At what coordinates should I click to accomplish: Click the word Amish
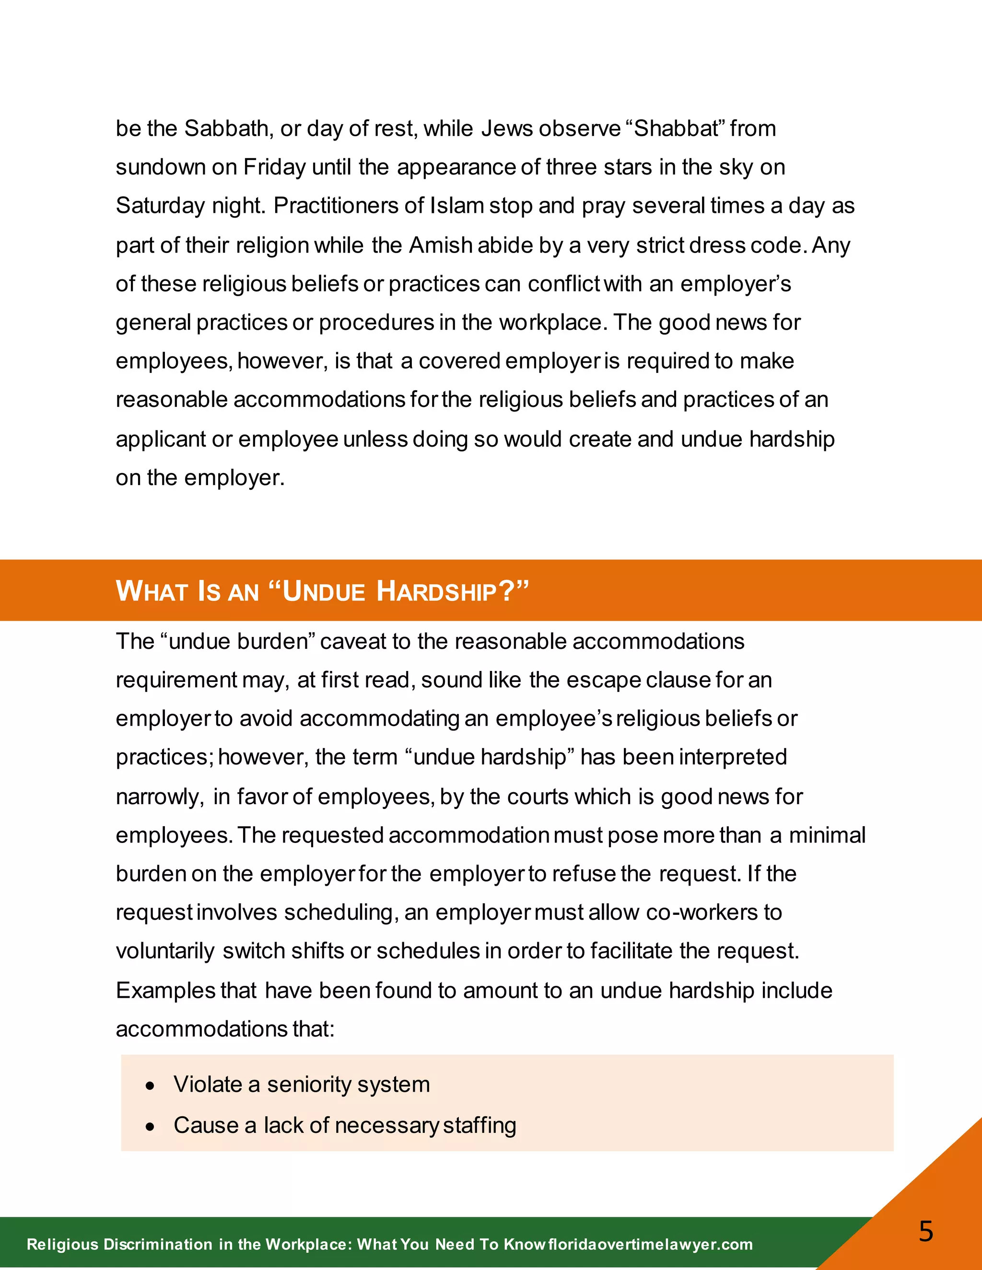(440, 245)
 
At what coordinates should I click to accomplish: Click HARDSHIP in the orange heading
(436, 591)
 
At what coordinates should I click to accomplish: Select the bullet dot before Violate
(151, 1085)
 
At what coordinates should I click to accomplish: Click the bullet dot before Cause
(151, 1126)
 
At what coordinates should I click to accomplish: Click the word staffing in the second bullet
(479, 1125)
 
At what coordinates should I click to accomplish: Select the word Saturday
(160, 206)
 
